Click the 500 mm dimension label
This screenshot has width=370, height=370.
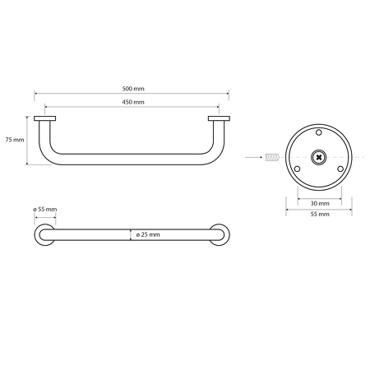(x=132, y=89)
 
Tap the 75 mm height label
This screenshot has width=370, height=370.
(x=14, y=140)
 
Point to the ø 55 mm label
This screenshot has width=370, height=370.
(x=45, y=210)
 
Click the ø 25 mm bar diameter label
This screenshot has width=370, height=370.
(x=148, y=234)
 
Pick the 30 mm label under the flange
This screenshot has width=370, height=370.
(x=319, y=202)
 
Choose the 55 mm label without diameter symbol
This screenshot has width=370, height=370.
(x=319, y=214)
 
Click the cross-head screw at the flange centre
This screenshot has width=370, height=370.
(x=319, y=156)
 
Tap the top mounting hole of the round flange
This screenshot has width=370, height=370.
(x=319, y=132)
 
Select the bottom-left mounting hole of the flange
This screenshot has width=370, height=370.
(x=298, y=169)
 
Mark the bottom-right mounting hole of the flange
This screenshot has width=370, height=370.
(x=340, y=169)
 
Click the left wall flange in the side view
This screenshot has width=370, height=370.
(x=44, y=119)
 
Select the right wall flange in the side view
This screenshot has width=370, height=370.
(x=219, y=119)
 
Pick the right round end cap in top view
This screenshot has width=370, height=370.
(x=219, y=234)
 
